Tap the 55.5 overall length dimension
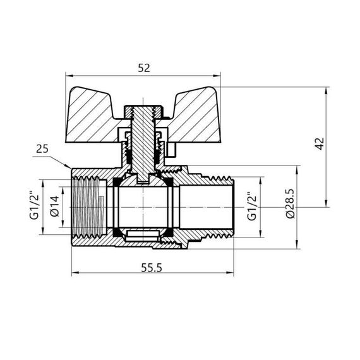[149, 267]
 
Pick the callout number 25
[42, 148]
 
